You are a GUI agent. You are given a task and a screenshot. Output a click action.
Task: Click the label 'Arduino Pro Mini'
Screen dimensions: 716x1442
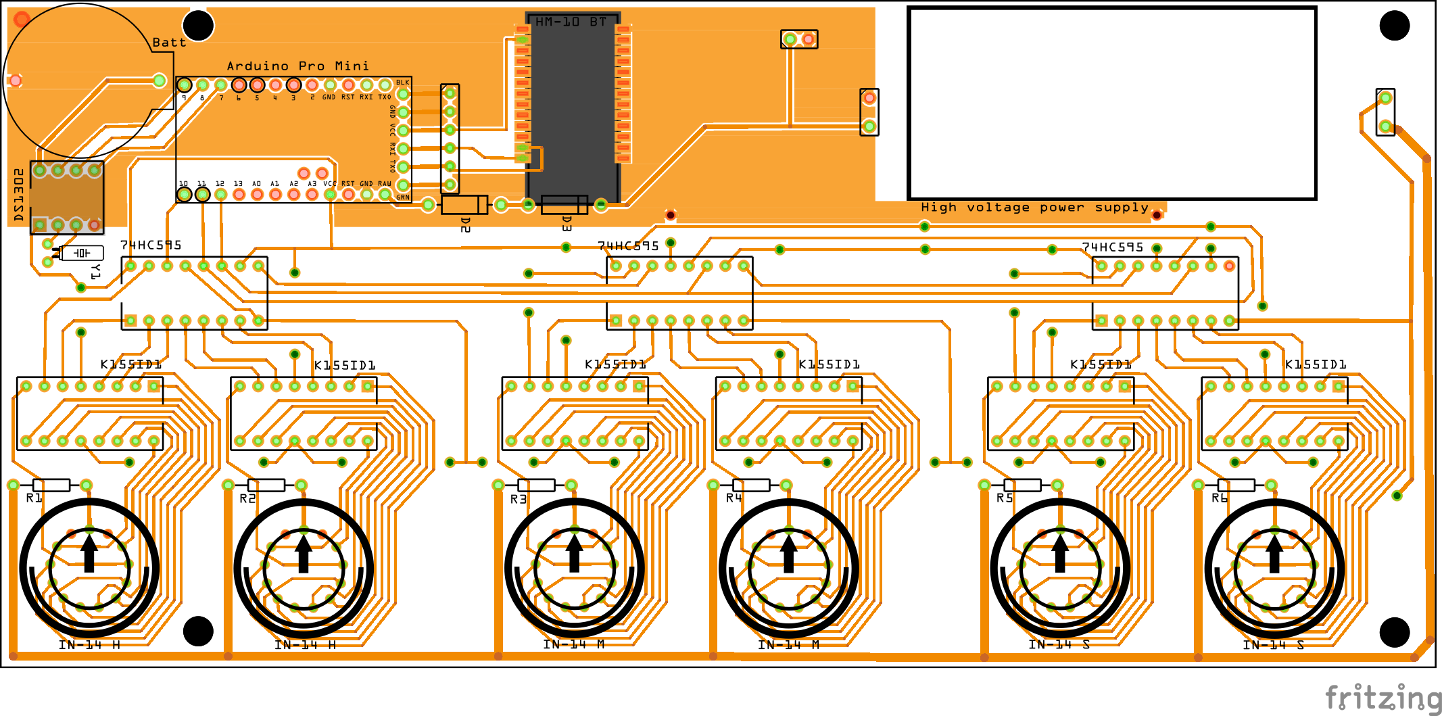[x=297, y=66]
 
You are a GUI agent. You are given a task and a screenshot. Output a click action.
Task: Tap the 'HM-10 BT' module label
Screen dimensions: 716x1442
[x=571, y=22]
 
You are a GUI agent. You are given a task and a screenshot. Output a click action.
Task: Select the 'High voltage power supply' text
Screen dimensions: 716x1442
[x=1034, y=208]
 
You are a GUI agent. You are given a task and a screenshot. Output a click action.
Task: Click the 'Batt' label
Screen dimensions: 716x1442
[x=169, y=43]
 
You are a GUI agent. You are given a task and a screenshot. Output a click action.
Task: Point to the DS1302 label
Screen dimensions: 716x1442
[x=19, y=195]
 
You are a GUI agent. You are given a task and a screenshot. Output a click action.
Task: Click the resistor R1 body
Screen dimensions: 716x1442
[x=51, y=485]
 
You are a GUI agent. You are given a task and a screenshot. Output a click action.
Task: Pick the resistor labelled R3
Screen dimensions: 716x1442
[x=536, y=485]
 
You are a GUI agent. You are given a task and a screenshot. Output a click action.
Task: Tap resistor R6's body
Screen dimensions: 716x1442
[x=1236, y=485]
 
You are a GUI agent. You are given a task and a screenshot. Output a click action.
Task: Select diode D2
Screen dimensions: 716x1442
[x=464, y=204]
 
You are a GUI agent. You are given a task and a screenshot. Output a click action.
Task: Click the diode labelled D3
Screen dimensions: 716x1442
[x=564, y=204]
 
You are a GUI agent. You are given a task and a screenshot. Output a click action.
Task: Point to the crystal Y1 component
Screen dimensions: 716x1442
[x=82, y=253]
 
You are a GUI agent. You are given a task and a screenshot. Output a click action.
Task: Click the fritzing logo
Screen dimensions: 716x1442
[x=1383, y=698]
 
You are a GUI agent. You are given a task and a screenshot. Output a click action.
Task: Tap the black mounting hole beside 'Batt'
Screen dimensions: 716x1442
[x=198, y=26]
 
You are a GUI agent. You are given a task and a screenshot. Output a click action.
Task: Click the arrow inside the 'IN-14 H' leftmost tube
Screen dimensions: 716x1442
[x=89, y=551]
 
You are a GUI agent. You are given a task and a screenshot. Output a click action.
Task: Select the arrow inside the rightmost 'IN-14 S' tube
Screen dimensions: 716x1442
[x=1274, y=552]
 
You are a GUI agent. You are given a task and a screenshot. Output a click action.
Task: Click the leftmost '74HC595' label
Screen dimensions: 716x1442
[x=151, y=245]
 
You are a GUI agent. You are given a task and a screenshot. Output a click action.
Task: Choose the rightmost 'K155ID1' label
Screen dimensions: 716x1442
[x=1316, y=365]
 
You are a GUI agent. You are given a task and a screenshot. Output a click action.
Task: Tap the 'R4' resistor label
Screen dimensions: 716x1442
[x=734, y=498]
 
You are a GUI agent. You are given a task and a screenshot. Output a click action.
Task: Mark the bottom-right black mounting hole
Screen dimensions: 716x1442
[x=1394, y=632]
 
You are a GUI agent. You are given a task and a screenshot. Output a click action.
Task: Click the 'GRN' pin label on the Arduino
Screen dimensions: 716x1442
[x=403, y=197]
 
